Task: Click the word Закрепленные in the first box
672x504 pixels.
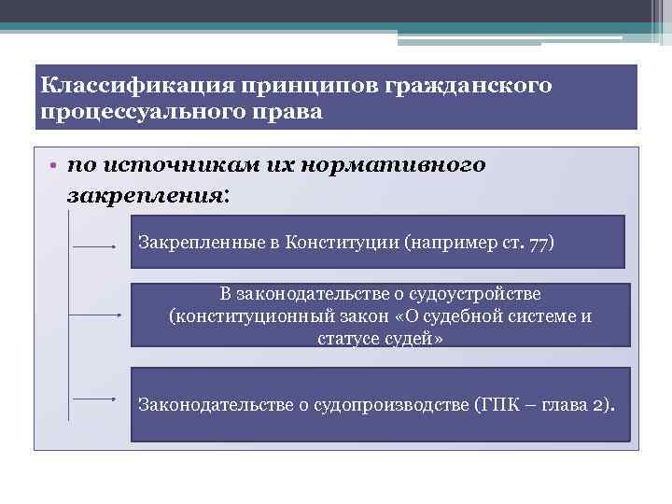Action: point(193,243)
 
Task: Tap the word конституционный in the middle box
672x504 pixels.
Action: point(242,316)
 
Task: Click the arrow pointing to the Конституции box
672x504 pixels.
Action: point(98,247)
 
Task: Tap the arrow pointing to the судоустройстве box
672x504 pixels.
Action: point(98,315)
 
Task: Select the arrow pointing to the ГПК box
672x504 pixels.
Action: point(98,399)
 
